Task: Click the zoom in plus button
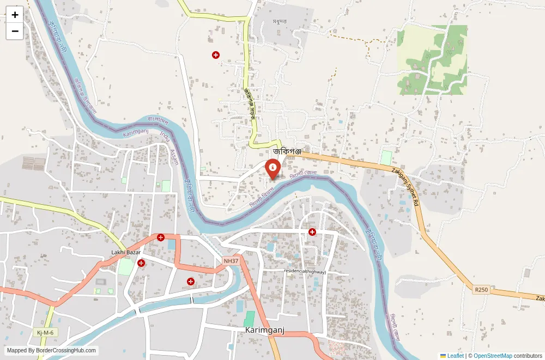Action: tap(15, 15)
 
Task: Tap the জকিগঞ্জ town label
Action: tap(287, 151)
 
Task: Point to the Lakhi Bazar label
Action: tap(126, 252)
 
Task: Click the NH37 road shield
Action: tap(231, 261)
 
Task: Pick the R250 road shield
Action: tap(481, 290)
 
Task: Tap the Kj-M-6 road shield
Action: tap(45, 332)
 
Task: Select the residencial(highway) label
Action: tap(305, 271)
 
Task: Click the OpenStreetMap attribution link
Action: tap(493, 356)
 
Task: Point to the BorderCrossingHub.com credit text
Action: tap(52, 351)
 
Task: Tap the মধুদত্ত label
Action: tap(280, 22)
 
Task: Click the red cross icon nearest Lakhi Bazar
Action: tap(141, 263)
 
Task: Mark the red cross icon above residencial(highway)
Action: tap(312, 232)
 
